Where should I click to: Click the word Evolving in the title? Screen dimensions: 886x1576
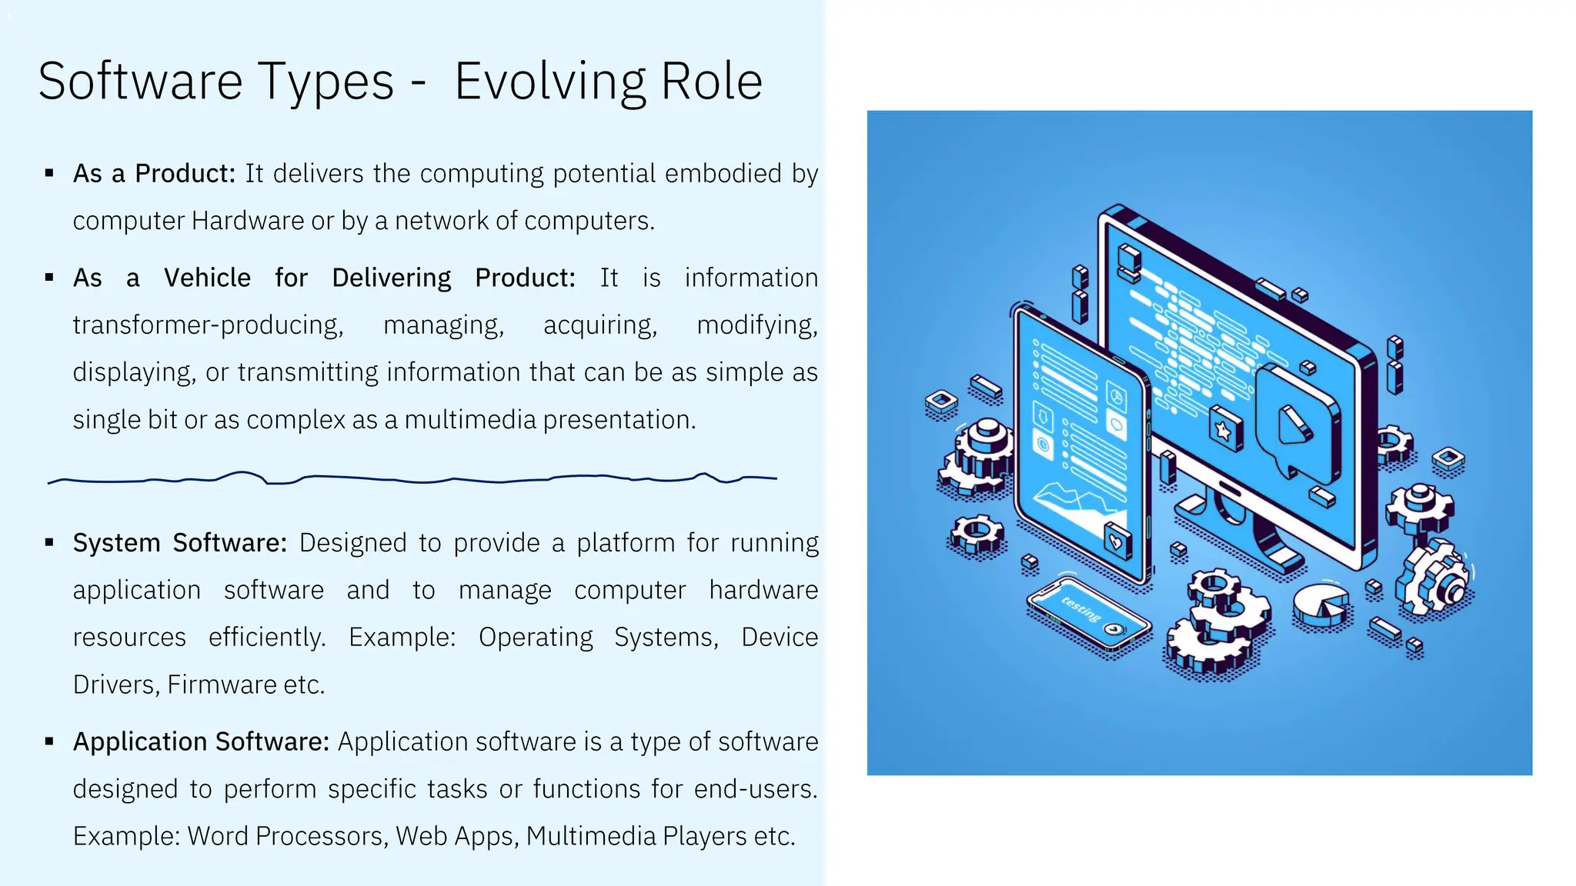pos(549,82)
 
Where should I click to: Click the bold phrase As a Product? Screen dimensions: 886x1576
pos(153,174)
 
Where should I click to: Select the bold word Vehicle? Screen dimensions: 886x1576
pos(207,278)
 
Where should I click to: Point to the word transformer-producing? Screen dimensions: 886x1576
pos(208,325)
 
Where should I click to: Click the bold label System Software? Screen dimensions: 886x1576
pos(179,543)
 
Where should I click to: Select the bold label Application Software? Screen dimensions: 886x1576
pos(201,742)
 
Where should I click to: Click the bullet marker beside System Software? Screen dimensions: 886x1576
pos(49,543)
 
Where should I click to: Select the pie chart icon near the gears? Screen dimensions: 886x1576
pos(1321,605)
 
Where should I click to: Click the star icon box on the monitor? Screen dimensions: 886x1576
pos(1224,429)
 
